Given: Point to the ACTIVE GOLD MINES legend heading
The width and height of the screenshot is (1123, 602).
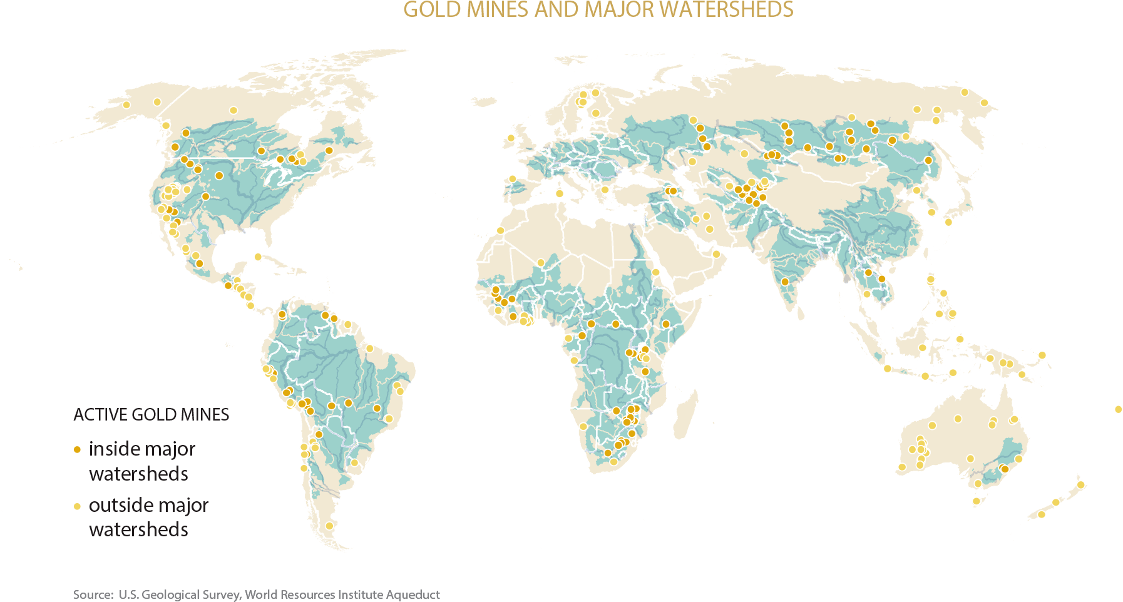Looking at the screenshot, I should [x=151, y=415].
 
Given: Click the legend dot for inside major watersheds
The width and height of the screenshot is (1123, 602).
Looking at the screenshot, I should [x=77, y=449].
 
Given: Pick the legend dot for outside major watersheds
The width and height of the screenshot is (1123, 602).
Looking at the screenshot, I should [x=77, y=506].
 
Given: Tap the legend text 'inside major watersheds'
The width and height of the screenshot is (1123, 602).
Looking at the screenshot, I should [x=141, y=461].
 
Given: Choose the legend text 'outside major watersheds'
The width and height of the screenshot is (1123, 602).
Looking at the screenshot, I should [x=148, y=517].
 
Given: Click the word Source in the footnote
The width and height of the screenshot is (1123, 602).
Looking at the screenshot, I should [x=93, y=594].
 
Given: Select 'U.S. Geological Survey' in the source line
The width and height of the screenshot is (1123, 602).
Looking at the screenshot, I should [x=179, y=594].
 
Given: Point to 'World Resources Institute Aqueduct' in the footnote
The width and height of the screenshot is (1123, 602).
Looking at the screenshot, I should [x=342, y=594].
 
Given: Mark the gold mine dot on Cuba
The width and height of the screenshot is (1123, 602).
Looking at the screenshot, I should [x=258, y=257].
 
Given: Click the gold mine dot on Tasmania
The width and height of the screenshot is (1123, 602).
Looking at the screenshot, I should [x=975, y=501].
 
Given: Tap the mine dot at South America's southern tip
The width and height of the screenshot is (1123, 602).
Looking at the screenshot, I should [x=329, y=526].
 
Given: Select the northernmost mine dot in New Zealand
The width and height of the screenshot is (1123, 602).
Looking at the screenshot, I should [x=1080, y=485].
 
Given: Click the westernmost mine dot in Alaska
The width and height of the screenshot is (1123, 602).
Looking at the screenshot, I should [x=126, y=105].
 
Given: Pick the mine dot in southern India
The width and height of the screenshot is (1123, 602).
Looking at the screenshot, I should [x=785, y=282].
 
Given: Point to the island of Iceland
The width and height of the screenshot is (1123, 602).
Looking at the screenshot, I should [x=483, y=101].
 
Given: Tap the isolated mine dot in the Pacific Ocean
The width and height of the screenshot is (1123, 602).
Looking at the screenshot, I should [x=1118, y=409].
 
